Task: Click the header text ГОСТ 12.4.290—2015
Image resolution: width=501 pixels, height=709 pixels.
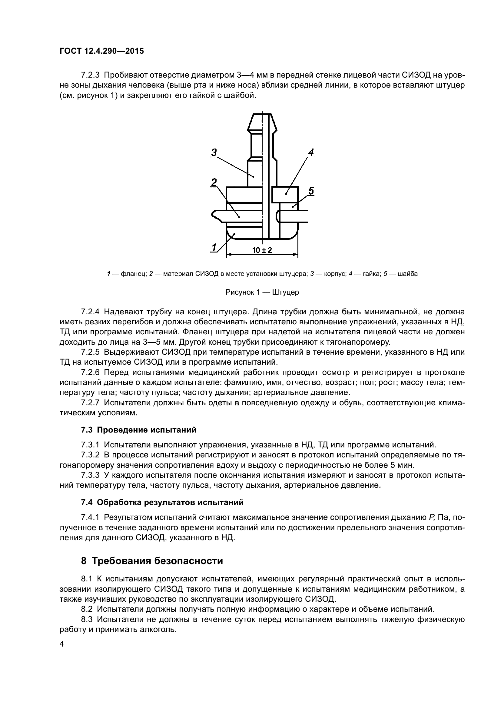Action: (x=101, y=51)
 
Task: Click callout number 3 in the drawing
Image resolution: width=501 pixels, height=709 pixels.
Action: (x=214, y=152)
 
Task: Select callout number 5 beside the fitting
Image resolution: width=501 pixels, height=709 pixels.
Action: (x=311, y=191)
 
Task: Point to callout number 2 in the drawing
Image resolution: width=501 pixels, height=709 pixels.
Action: (x=214, y=182)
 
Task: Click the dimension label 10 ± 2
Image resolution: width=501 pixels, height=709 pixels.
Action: (x=262, y=250)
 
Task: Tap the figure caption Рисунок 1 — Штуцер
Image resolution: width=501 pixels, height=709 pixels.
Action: (x=262, y=292)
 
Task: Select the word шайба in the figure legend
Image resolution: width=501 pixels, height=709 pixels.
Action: (x=407, y=274)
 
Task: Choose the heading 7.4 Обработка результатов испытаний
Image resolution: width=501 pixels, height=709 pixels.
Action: (x=162, y=502)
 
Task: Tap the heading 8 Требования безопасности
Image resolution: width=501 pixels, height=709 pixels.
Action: (x=152, y=560)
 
